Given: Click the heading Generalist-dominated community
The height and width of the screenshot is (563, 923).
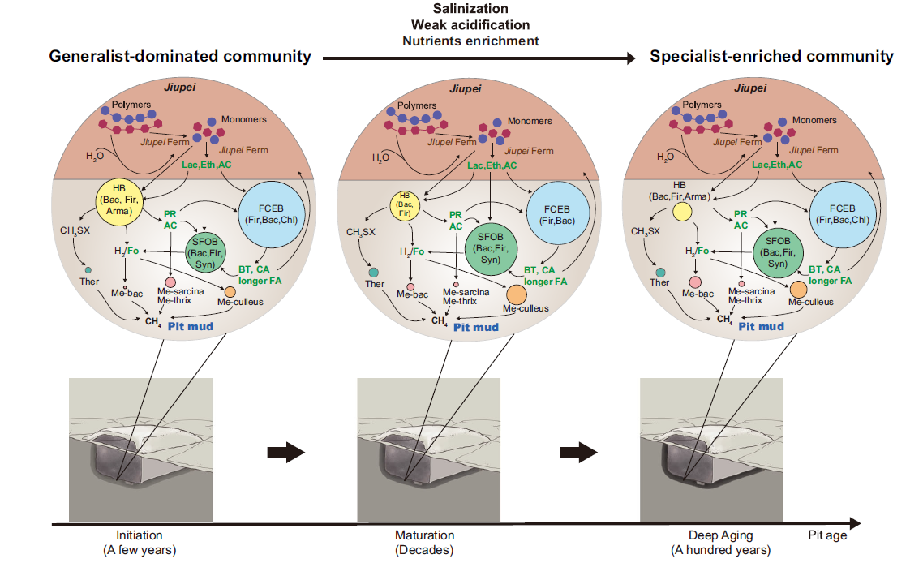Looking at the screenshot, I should tap(180, 57).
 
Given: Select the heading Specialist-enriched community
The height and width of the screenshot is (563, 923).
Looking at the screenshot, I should tap(771, 57).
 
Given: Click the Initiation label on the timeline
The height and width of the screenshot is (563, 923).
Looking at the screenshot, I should tap(140, 535).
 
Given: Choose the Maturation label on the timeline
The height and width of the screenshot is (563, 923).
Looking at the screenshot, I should tap(424, 535).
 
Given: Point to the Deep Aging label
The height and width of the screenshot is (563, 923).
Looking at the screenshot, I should tap(720, 535).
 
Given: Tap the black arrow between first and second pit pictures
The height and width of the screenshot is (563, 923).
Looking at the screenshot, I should tap(285, 453).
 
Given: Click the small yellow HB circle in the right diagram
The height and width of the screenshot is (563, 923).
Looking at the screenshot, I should tap(681, 213).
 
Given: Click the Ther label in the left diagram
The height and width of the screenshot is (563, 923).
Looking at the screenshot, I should tap(89, 282).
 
